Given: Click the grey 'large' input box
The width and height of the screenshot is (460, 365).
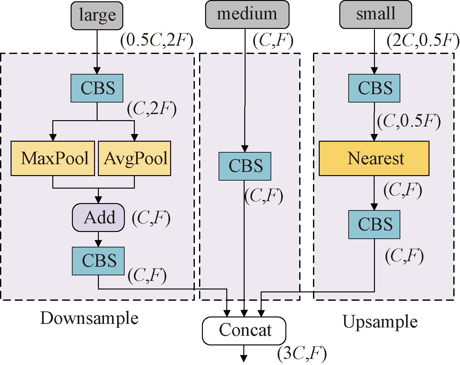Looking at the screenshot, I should [x=97, y=15].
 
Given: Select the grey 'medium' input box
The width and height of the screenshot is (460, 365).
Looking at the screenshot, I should [x=247, y=14].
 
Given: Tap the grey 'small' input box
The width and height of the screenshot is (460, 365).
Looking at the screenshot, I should [x=375, y=14].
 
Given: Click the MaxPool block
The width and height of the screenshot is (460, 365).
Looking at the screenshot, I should [x=53, y=158].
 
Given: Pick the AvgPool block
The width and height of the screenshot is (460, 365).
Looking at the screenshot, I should [x=135, y=158].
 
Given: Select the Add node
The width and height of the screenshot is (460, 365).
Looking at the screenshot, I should [x=98, y=218].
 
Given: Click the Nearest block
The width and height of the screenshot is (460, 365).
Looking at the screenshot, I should [x=374, y=158].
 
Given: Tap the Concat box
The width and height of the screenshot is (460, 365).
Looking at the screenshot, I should [x=244, y=330].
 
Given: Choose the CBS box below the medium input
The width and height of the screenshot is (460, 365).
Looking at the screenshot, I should [x=245, y=166].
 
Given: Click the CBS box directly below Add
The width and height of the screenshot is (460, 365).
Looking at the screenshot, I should [x=98, y=261].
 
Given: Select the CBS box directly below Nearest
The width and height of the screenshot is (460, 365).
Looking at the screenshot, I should [x=374, y=224].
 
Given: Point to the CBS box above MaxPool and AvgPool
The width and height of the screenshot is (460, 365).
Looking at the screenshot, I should [x=97, y=88].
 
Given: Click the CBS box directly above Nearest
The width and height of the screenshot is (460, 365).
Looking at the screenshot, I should [x=374, y=88].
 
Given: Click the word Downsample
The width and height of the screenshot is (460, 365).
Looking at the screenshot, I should [x=89, y=318].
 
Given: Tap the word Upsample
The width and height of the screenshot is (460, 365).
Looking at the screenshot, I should [x=380, y=322].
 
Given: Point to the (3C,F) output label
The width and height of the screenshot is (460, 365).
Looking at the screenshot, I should [x=302, y=354].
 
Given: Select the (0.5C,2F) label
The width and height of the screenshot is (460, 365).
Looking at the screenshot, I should [x=157, y=41].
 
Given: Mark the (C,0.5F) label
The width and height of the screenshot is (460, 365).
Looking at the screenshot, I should [x=408, y=122].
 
